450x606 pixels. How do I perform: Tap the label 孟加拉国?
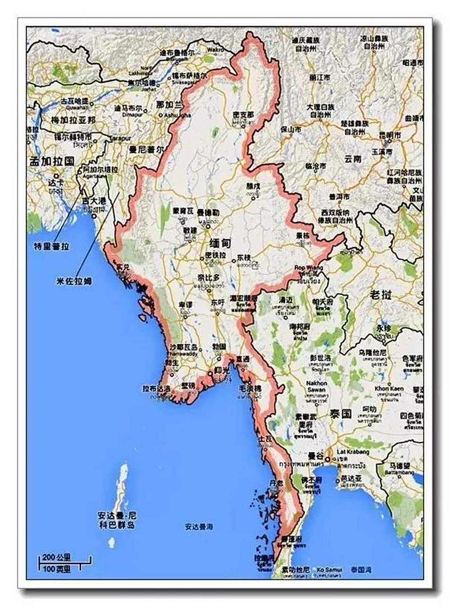pos(52,161)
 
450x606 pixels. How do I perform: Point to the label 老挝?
pos(381,295)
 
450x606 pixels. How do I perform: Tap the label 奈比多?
pos(209,278)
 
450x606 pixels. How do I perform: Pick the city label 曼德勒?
pos(208,213)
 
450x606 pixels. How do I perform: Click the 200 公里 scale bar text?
pos(56,557)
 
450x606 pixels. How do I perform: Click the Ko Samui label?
pos(329,570)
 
